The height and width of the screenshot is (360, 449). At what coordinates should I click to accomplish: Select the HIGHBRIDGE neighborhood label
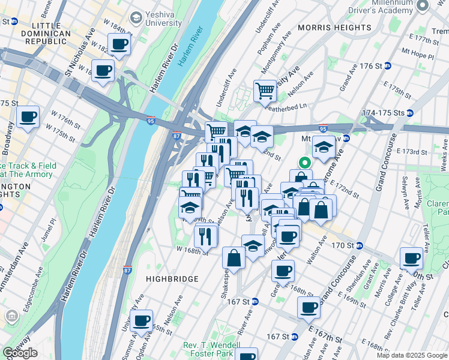tap(172, 279)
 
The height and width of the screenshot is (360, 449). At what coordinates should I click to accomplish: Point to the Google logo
tap(20, 353)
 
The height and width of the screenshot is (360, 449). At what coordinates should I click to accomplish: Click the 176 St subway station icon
tap(388, 66)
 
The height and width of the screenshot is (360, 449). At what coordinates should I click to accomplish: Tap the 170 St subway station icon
tap(360, 245)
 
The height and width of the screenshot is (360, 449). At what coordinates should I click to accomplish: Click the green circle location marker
tap(305, 162)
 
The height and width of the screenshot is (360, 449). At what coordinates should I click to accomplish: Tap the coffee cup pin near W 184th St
tap(119, 44)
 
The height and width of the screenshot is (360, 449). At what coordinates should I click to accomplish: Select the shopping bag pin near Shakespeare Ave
tap(234, 257)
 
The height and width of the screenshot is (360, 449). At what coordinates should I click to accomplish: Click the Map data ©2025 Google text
tap(411, 355)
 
